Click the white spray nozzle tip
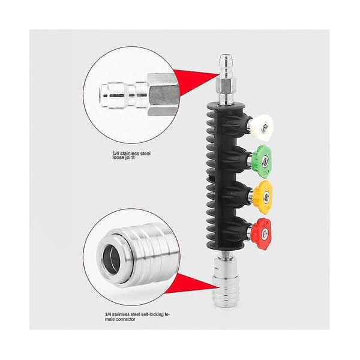click(262, 127)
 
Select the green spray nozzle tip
click(262, 161)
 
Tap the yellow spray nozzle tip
click(263, 197)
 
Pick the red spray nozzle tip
click(261, 234)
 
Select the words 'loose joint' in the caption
click(124, 158)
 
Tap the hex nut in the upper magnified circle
click(163, 95)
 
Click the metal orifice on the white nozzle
click(265, 125)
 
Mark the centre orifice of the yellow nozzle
click(266, 197)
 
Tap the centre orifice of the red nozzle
click(265, 233)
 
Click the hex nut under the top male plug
click(226, 86)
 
